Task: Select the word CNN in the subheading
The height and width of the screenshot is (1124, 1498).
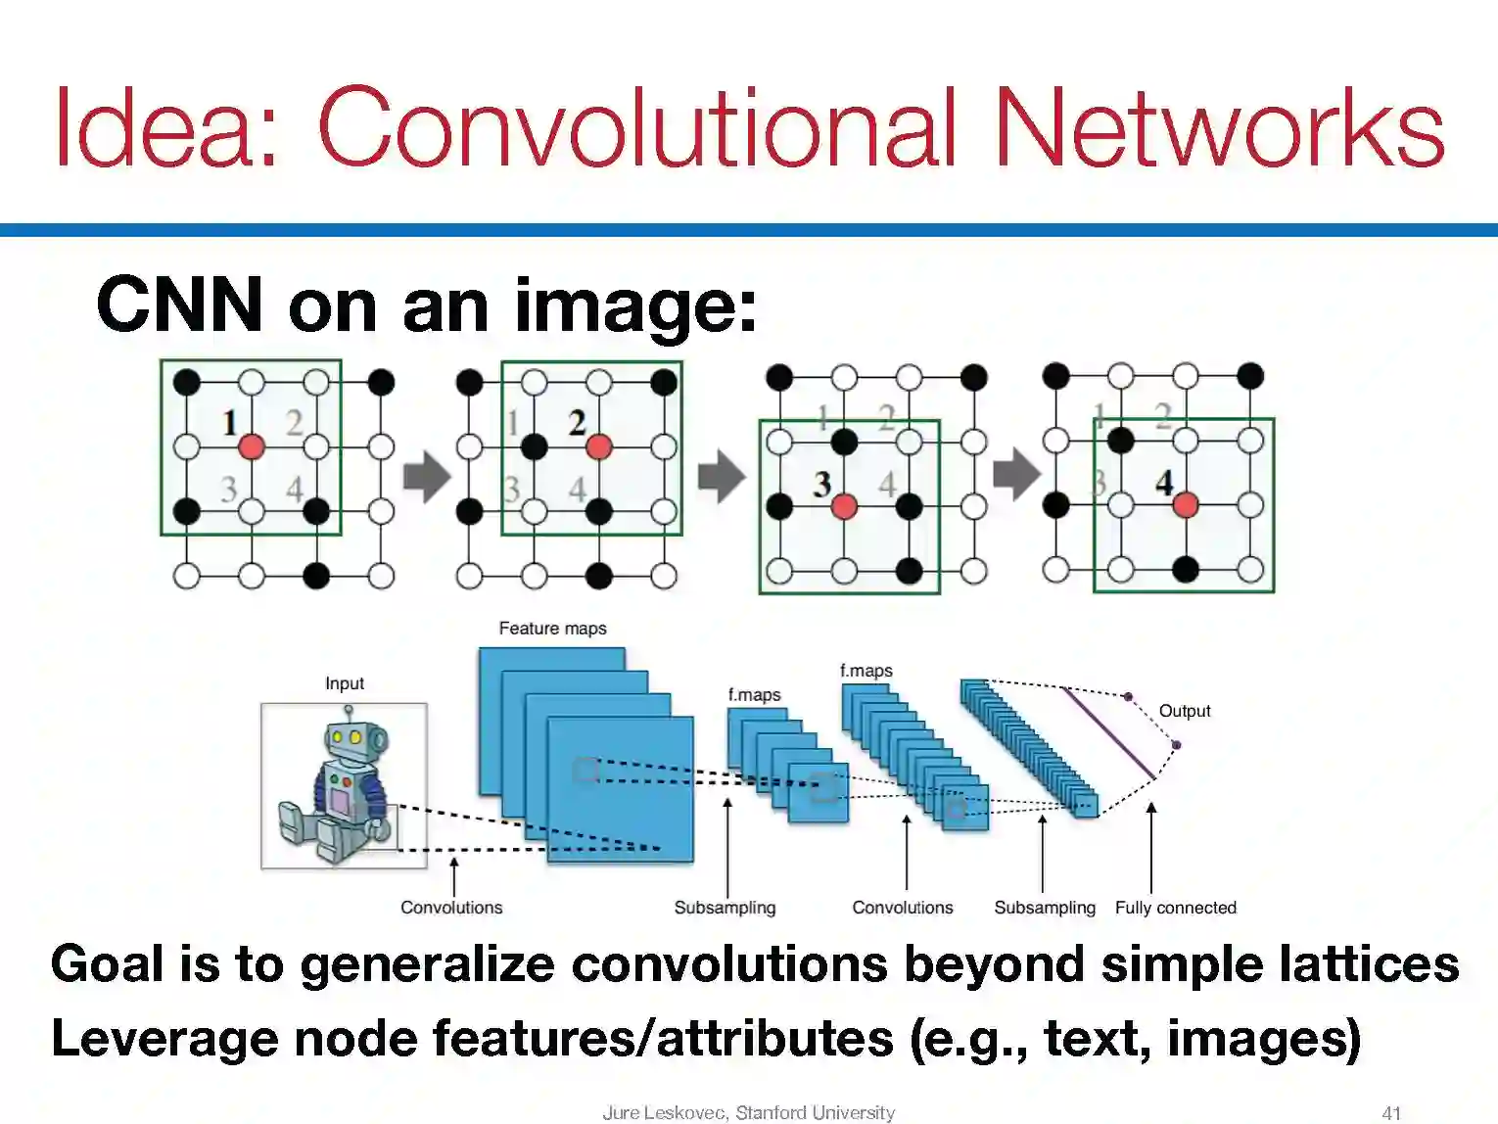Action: (x=179, y=304)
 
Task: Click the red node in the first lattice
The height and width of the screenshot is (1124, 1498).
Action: (x=252, y=446)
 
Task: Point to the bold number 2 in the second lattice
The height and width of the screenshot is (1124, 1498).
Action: (x=577, y=423)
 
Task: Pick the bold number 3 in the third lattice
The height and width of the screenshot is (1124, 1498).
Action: (x=821, y=484)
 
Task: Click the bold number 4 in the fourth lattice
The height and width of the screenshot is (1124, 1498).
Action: (x=1163, y=483)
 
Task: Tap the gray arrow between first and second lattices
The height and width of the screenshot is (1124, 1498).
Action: (x=427, y=477)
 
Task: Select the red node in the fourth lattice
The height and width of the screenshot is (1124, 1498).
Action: (x=1186, y=505)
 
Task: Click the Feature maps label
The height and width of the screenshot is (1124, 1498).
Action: (x=552, y=629)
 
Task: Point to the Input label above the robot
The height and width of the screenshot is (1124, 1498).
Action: (x=345, y=683)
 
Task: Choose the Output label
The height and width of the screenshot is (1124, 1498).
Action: (x=1185, y=711)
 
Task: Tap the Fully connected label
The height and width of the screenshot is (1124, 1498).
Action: (x=1175, y=908)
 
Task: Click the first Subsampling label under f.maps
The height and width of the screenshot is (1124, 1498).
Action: (x=725, y=908)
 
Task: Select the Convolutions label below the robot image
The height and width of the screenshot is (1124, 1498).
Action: (x=451, y=908)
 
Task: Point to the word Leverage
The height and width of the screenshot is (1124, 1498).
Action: (x=164, y=1038)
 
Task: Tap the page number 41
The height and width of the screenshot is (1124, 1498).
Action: (x=1391, y=1112)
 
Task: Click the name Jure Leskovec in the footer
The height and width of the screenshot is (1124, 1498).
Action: (x=663, y=1112)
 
